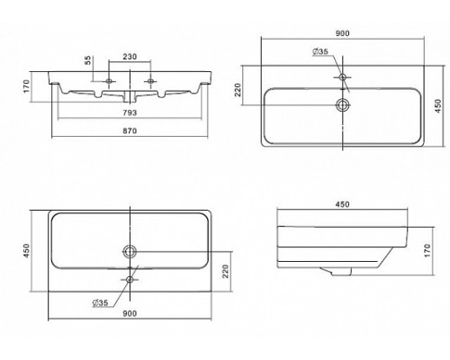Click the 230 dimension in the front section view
[130, 57]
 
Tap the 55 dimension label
[87, 60]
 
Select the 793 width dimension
[130, 112]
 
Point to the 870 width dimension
[130, 130]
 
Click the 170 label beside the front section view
[27, 86]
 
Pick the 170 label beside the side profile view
[427, 250]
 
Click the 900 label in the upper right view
[342, 33]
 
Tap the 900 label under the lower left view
[130, 313]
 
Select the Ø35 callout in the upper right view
[320, 51]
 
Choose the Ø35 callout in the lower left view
[100, 302]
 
